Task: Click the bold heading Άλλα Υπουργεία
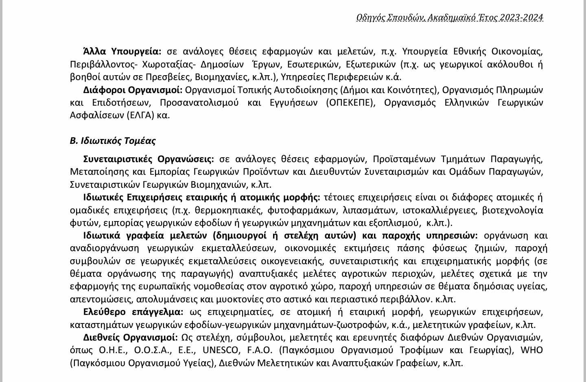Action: coord(122,51)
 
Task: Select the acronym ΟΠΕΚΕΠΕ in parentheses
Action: coord(350,102)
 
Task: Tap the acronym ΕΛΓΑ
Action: coord(140,115)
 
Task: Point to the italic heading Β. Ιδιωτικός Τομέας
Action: coord(113,141)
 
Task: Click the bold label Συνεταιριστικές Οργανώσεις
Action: coord(149,158)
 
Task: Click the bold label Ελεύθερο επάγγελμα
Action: coord(133,312)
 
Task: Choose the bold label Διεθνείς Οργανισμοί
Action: coord(130,338)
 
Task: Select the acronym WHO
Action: coord(531,350)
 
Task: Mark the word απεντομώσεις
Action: coord(101,300)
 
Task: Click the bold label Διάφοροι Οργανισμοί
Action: coord(133,89)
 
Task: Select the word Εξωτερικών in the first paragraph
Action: coord(371,64)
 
